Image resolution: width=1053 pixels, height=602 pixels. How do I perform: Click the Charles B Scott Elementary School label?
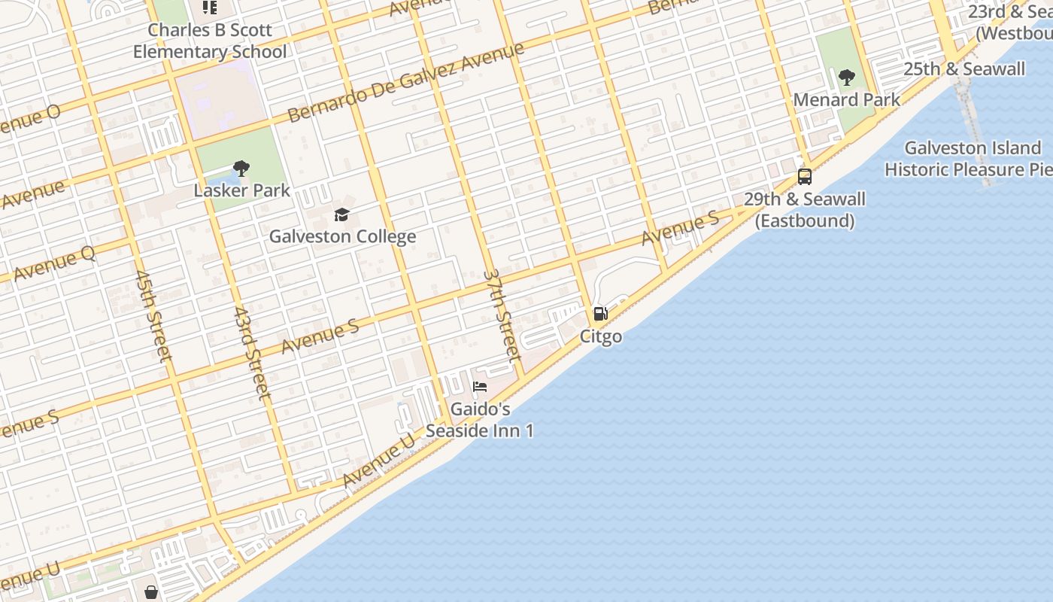[210, 41]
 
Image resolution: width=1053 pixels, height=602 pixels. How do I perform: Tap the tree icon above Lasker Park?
[241, 169]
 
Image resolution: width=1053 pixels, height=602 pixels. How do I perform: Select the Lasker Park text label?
[241, 190]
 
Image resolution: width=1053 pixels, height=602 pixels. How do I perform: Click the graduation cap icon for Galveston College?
[342, 215]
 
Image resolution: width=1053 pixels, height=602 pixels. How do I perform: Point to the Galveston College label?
[342, 236]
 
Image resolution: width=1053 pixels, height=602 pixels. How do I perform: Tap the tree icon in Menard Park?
[847, 77]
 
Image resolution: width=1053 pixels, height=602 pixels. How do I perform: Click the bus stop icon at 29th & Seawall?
[805, 177]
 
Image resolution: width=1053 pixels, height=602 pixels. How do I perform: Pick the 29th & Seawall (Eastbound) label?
[805, 210]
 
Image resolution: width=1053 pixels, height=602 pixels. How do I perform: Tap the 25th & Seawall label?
[964, 69]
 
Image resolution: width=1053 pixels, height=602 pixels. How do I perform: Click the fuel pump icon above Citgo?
[601, 314]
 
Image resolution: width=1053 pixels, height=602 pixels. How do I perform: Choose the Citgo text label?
[601, 336]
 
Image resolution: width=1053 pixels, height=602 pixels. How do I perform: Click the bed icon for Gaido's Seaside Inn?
[480, 388]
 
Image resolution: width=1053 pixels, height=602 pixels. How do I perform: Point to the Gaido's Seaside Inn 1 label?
[480, 420]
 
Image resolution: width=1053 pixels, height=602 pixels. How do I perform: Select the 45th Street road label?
[154, 316]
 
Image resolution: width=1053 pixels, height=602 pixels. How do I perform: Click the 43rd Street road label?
[251, 352]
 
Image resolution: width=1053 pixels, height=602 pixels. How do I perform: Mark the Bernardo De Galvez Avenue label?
[406, 83]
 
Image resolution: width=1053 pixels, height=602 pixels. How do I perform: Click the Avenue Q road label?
[54, 264]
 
